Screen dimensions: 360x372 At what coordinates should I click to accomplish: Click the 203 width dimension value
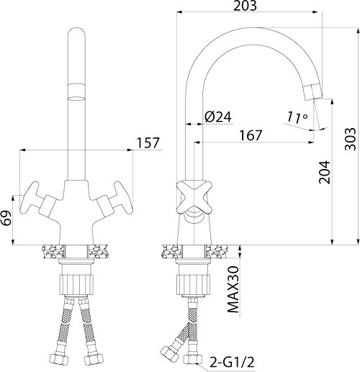[245, 6]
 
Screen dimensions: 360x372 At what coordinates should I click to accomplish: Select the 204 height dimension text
[325, 172]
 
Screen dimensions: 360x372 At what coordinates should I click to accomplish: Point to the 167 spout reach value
[251, 135]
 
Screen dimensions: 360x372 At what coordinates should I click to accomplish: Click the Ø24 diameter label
[218, 117]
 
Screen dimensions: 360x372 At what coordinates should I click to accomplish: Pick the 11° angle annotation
[297, 117]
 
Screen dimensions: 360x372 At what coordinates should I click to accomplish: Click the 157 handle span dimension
[148, 143]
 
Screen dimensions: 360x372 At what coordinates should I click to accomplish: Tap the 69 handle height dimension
[6, 218]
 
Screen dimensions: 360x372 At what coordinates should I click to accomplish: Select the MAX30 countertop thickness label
[233, 289]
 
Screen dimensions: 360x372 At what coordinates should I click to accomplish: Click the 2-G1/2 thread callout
[232, 362]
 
